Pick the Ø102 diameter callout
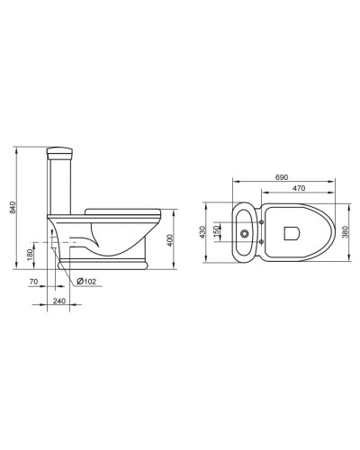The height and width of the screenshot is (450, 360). click(86, 283)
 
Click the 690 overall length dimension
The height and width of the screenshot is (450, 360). click(281, 177)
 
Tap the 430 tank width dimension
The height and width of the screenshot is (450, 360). click(204, 231)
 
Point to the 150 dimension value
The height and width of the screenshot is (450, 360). click(217, 232)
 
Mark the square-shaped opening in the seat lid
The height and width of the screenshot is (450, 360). click(290, 232)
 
